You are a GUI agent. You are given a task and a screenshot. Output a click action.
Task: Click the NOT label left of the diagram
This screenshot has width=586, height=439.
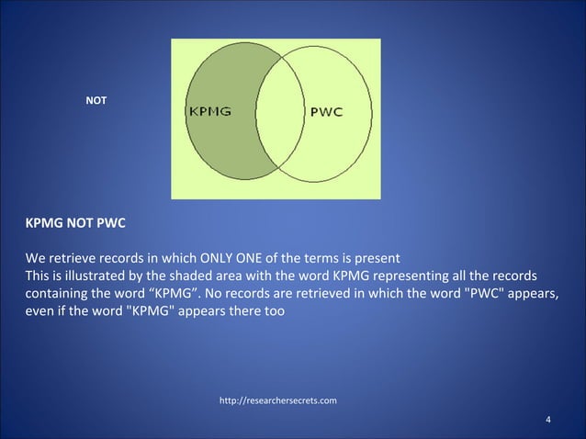[x=96, y=99]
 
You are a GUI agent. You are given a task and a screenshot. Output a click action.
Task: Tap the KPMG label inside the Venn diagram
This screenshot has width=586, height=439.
[x=209, y=112]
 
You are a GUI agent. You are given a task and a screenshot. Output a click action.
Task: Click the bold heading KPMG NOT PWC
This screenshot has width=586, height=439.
[x=75, y=223]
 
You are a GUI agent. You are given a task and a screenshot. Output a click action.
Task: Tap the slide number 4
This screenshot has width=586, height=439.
[x=547, y=421]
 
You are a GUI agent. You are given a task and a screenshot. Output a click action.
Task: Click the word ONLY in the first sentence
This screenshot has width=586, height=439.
[x=206, y=256]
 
